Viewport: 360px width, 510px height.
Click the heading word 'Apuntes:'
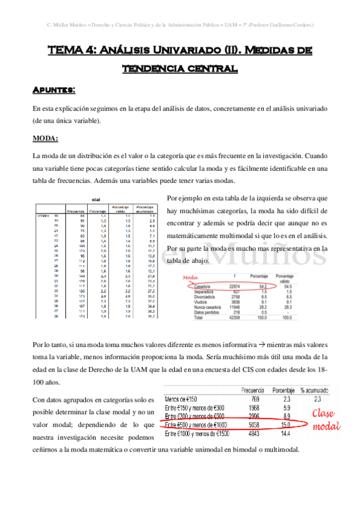click(53, 90)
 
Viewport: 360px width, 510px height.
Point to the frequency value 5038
click(254, 425)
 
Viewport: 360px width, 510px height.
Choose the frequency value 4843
click(254, 433)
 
